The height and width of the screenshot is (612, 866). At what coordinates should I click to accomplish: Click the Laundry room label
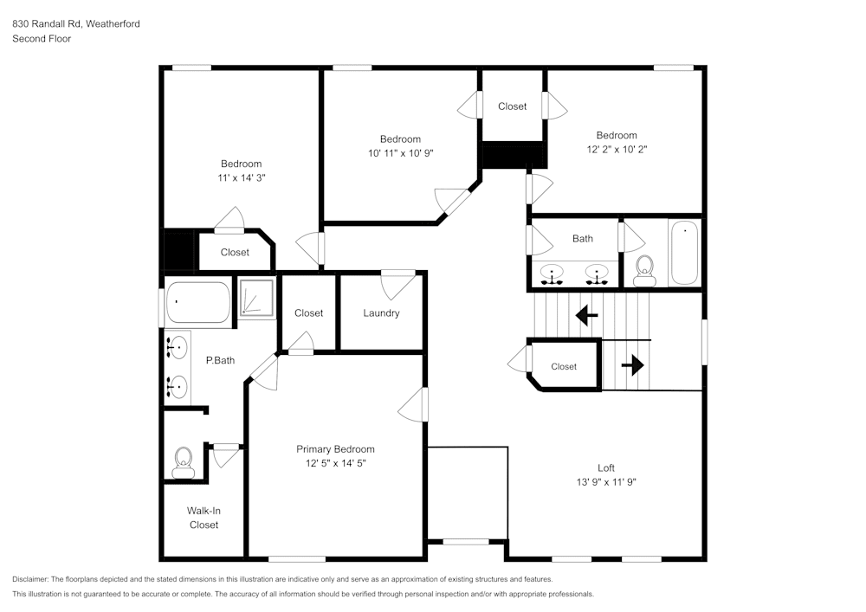point(381,312)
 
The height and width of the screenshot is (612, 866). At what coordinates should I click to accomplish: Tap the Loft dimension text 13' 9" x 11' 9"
point(606,482)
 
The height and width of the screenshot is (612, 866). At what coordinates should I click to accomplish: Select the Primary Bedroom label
point(335,449)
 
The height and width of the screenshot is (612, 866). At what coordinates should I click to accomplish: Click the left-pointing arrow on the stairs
point(587,315)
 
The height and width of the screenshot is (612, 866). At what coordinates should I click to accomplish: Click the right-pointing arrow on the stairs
point(633,365)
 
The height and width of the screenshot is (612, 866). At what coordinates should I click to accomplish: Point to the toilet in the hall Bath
point(643,271)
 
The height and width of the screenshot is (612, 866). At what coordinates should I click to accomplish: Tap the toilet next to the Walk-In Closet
point(183,462)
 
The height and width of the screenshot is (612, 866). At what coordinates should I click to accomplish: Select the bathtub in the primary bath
point(198,302)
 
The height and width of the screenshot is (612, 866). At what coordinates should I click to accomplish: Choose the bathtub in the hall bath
point(685,252)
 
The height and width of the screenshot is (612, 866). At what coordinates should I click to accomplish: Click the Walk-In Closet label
point(204,518)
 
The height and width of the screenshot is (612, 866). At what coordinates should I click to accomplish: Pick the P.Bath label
point(219,360)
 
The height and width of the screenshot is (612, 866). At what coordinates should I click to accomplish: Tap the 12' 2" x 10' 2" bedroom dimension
point(616,149)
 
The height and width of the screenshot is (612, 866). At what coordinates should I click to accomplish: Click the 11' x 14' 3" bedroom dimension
point(241,177)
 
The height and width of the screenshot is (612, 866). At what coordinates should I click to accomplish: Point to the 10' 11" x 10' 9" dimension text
point(399,153)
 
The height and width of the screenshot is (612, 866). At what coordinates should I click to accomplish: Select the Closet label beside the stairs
point(564,366)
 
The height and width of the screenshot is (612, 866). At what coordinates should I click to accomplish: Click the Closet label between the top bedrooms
point(512,106)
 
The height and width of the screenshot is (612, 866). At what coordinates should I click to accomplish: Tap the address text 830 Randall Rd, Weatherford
point(76,24)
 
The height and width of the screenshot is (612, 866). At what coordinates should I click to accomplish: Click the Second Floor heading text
point(42,39)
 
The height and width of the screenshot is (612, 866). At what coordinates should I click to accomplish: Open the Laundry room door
point(398,283)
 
